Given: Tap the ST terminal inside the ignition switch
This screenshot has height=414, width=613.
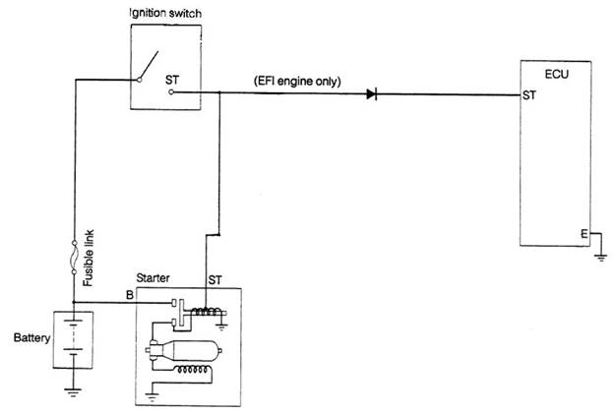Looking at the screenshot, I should tap(170, 92).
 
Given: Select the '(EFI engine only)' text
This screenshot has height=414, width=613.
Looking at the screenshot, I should tap(297, 82).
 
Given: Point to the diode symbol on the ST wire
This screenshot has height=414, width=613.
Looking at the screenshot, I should tap(372, 94).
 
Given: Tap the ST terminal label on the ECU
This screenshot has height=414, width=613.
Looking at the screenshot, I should tap(529, 96).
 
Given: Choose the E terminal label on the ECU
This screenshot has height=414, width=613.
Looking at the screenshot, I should tap(583, 234).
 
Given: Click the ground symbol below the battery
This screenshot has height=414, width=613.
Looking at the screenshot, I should tap(74, 390).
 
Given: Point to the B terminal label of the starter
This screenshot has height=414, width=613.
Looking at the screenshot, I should tap(129, 293).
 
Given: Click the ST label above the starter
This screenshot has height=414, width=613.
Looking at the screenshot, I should tap(213, 280).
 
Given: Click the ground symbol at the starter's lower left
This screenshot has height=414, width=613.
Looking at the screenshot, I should tap(153, 395).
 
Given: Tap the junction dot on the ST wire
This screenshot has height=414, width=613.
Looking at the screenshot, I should tap(219, 93).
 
